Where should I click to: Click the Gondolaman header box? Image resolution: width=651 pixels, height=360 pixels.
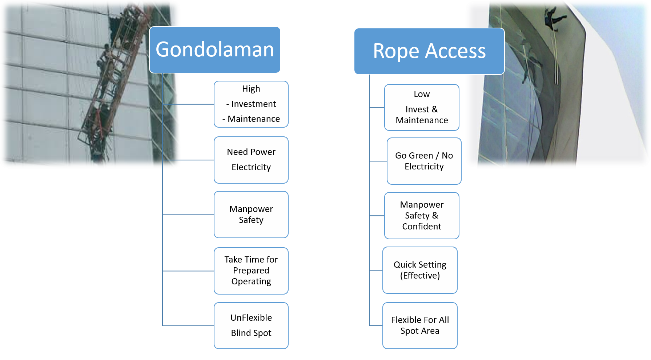point(215,50)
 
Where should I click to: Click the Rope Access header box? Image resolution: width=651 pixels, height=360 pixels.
point(429,51)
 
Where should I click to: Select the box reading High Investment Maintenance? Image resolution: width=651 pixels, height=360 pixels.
point(251,104)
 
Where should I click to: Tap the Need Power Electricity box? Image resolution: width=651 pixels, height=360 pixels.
point(251,160)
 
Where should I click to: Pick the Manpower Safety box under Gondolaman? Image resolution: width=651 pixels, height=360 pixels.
point(251,215)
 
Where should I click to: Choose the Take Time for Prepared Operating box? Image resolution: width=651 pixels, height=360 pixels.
point(251,271)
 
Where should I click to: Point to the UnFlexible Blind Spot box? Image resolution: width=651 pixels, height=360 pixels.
point(251,325)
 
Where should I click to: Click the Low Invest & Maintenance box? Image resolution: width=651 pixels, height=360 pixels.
point(422,107)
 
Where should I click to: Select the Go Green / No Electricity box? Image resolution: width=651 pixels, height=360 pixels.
point(424,161)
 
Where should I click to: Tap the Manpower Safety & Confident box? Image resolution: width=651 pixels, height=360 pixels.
point(422,216)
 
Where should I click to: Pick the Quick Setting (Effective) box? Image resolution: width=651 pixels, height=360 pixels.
point(420,270)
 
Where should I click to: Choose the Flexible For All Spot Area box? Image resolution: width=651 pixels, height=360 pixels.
point(420,325)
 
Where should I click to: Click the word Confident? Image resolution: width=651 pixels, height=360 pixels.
point(422,227)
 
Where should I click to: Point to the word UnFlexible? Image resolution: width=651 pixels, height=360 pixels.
point(251,318)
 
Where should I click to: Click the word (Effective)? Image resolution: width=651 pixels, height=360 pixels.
point(420,276)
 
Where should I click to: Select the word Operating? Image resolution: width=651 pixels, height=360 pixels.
point(251,282)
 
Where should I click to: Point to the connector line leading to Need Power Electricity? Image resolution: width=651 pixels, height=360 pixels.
point(188,160)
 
